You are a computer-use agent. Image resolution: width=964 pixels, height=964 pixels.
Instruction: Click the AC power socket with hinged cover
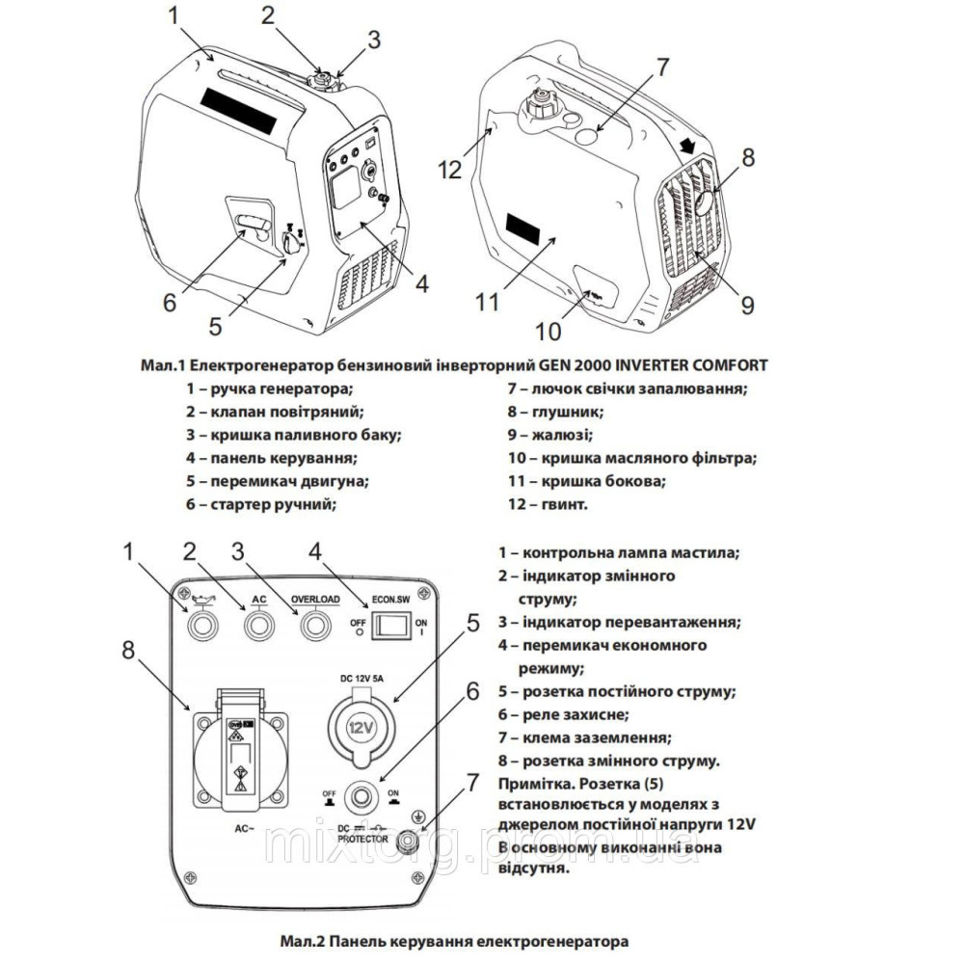click(237, 747)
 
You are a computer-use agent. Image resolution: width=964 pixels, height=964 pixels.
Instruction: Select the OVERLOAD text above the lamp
click(315, 600)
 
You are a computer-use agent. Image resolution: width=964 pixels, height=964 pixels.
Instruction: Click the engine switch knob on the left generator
click(288, 243)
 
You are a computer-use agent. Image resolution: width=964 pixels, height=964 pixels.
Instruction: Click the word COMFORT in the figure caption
click(725, 365)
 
